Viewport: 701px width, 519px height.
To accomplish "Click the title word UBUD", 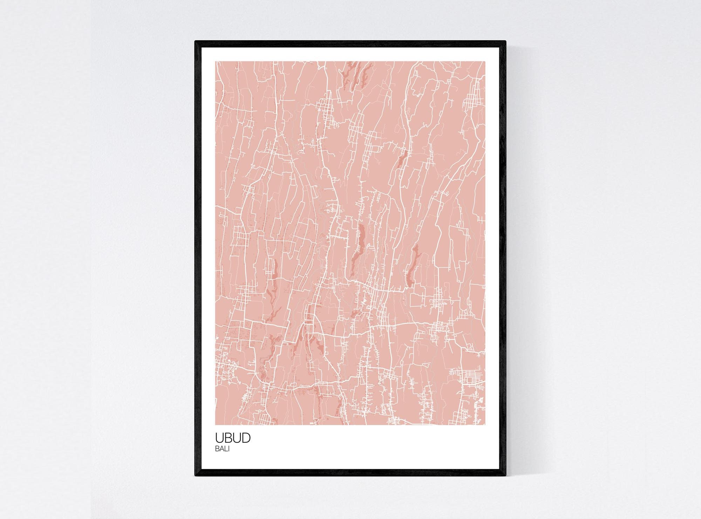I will (x=233, y=438).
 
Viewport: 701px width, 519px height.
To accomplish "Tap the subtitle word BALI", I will (x=222, y=450).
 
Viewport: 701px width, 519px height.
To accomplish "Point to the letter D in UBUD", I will (x=246, y=438).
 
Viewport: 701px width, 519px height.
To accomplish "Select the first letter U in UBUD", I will (x=219, y=438).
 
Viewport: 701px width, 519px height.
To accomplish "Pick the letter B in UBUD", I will (x=228, y=438).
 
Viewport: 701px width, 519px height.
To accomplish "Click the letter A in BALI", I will (x=221, y=450).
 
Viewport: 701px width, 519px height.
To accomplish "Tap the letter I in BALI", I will (x=229, y=450).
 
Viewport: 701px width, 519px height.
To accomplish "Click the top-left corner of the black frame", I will (x=195, y=41).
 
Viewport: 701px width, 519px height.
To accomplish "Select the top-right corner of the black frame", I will (x=506, y=41).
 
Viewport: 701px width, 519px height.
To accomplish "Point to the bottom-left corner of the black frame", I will (x=195, y=476).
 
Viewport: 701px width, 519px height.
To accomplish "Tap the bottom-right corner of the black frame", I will (x=506, y=476).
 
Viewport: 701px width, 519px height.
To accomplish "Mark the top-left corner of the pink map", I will (x=215, y=61).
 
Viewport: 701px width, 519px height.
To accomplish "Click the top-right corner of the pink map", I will (x=485, y=61).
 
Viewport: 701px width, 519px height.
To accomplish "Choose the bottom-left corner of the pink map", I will (x=215, y=425).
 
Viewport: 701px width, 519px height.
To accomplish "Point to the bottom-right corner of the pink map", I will (x=485, y=425).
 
